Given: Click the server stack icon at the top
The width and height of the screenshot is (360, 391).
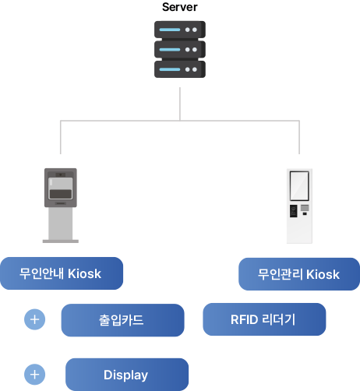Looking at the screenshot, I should click(180, 49).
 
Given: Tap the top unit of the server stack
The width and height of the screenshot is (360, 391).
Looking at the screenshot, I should click(180, 30).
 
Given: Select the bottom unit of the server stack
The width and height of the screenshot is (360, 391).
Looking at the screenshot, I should click(180, 69).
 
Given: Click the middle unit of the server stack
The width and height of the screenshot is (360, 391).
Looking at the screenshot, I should click(180, 49).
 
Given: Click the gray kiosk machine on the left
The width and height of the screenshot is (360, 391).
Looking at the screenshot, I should click(61, 204).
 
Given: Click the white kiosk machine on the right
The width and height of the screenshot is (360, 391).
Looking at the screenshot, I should click(298, 205).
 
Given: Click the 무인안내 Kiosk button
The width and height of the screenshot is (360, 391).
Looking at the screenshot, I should click(62, 273).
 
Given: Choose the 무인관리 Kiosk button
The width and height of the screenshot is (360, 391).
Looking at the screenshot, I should click(298, 274).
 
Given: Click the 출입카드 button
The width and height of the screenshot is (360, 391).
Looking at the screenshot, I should click(122, 320).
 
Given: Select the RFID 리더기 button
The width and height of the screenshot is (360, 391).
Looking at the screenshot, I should click(263, 319).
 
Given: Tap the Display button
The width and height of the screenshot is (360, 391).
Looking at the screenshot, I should click(126, 375).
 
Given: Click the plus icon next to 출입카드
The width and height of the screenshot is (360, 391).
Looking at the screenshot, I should click(35, 319).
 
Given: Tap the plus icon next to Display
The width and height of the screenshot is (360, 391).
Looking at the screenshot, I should click(35, 374).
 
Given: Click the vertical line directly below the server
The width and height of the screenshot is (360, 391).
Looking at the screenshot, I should click(180, 103).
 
